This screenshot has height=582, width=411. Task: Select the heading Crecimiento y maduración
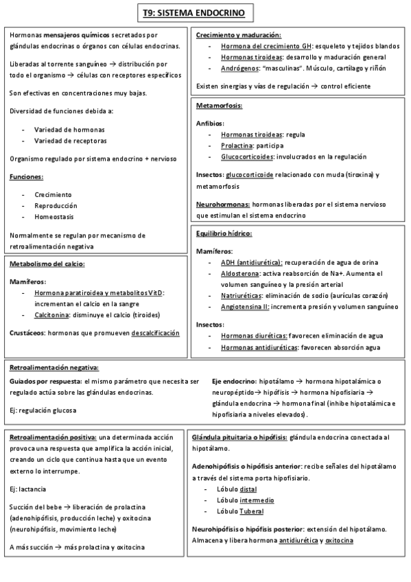click(238, 35)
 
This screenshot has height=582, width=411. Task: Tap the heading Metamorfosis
click(219, 106)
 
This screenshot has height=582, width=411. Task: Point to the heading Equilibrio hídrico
click(224, 233)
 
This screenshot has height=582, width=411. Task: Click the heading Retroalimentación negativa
click(54, 368)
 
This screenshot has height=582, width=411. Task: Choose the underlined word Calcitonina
click(56, 315)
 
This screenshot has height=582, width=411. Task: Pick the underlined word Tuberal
click(251, 511)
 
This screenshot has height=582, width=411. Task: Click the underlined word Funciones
click(27, 177)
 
